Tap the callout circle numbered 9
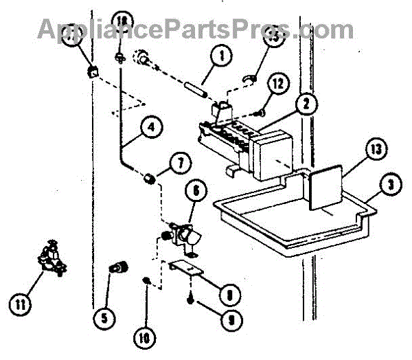click(224, 319)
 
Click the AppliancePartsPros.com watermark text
click(195, 29)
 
